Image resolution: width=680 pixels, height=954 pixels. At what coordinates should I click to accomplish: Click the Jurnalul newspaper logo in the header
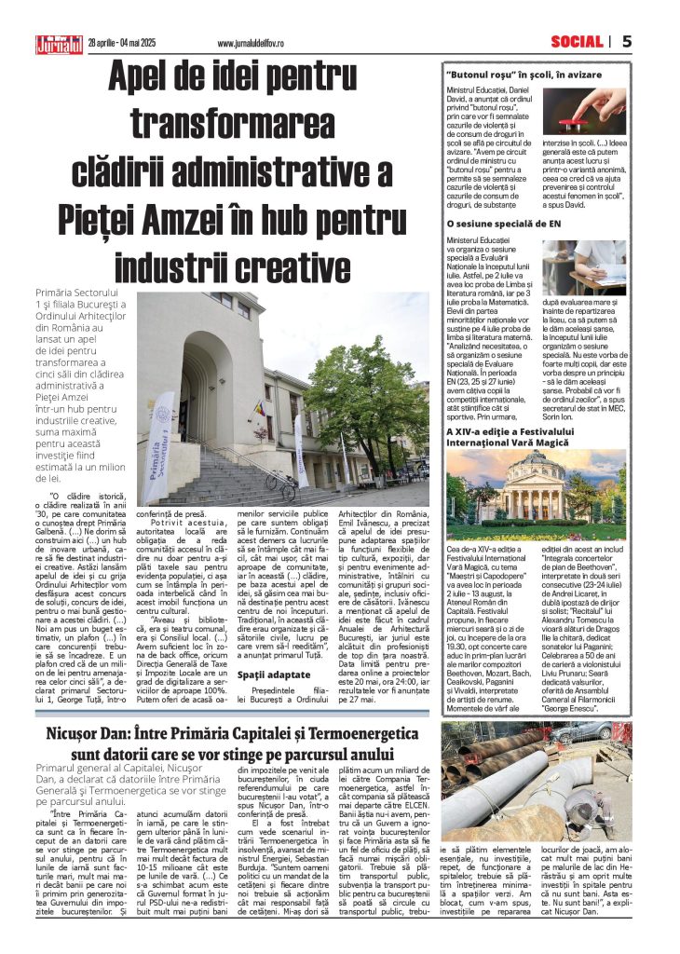(x=59, y=43)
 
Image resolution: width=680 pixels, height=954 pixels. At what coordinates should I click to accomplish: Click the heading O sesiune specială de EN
(x=503, y=224)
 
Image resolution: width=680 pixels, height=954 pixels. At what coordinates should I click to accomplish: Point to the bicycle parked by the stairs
(x=279, y=482)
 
